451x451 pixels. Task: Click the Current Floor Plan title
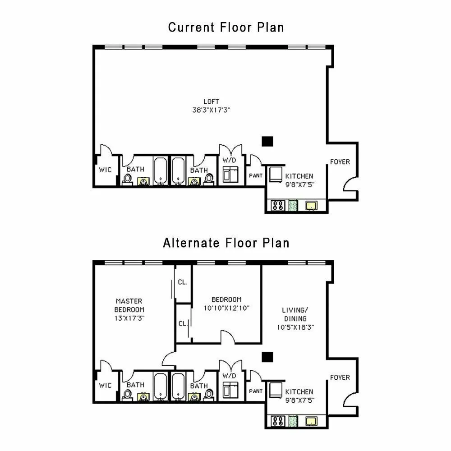pyautogui.click(x=226, y=27)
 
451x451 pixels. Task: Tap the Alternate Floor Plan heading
pyautogui.click(x=226, y=243)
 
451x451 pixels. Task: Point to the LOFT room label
pyautogui.click(x=211, y=101)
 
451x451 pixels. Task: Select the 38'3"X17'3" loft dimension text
pyautogui.click(x=211, y=110)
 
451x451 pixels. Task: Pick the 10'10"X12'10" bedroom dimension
pyautogui.click(x=226, y=308)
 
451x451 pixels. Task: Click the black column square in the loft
pyautogui.click(x=267, y=141)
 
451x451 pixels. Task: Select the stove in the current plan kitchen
pyautogui.click(x=277, y=206)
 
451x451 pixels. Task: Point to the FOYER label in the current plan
pyautogui.click(x=340, y=162)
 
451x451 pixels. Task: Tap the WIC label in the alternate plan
pyautogui.click(x=105, y=385)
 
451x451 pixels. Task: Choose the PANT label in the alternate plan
pyautogui.click(x=256, y=391)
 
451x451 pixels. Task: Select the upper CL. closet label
pyautogui.click(x=183, y=282)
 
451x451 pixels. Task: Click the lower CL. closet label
pyautogui.click(x=183, y=323)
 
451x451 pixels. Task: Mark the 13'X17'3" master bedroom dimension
pyautogui.click(x=129, y=318)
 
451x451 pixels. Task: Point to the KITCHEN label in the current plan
pyautogui.click(x=299, y=176)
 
